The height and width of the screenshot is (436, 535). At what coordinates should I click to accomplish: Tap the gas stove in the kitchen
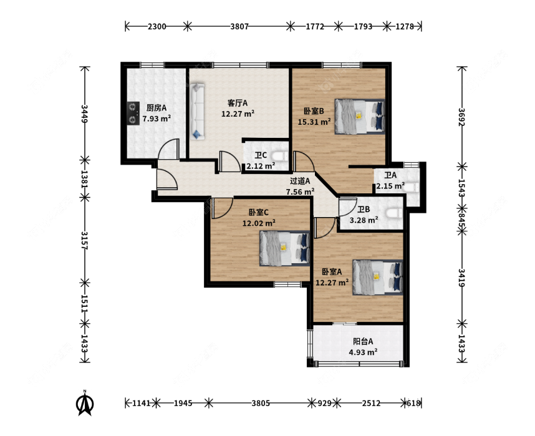tap(133, 114)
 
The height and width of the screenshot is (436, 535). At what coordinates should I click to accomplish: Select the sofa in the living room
tap(197, 111)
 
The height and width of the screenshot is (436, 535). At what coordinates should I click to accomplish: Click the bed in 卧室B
tap(360, 117)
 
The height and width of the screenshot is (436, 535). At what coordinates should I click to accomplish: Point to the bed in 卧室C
tap(284, 248)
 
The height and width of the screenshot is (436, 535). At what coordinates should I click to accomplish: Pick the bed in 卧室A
tap(378, 278)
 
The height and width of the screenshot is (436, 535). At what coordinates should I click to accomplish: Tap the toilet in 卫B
tap(394, 213)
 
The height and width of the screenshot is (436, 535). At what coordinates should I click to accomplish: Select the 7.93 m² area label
tap(157, 119)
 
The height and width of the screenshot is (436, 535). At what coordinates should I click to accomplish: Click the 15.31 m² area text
tap(314, 122)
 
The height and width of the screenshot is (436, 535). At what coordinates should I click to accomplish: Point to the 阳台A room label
tap(363, 341)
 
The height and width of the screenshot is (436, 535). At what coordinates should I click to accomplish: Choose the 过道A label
tap(300, 181)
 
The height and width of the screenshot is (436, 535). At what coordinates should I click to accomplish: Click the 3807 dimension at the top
tap(239, 26)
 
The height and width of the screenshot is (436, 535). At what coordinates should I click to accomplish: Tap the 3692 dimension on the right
tap(461, 117)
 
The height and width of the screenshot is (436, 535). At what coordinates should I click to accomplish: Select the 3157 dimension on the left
tap(85, 240)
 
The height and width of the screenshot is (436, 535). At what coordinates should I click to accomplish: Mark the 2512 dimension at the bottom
tap(371, 403)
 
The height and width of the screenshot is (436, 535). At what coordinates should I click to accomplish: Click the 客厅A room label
tap(238, 103)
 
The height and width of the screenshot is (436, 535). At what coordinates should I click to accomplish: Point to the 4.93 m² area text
tap(363, 352)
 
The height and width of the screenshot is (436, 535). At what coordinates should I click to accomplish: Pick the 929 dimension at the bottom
tap(324, 403)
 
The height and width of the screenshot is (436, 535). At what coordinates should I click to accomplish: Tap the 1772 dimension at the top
tap(315, 26)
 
